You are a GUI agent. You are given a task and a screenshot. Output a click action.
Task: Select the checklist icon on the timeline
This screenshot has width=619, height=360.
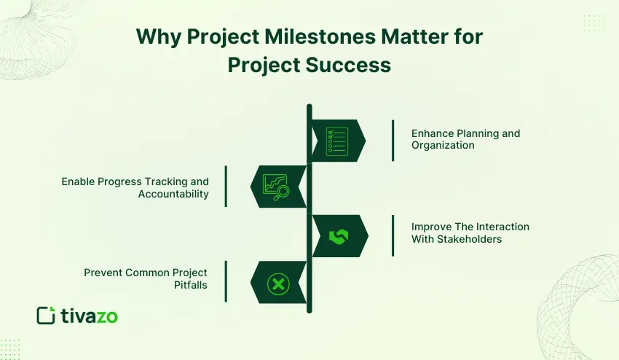337,140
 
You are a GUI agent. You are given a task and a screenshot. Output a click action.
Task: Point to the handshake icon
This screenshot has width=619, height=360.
339,236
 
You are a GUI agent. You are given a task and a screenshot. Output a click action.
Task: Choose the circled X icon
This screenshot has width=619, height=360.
277,283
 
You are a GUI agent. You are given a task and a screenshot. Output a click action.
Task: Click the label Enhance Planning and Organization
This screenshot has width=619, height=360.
465,139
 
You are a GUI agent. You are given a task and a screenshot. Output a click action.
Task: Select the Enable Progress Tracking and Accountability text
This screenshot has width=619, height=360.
135,187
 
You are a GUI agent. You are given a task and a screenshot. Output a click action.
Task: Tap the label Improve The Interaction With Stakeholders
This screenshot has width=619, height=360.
470,232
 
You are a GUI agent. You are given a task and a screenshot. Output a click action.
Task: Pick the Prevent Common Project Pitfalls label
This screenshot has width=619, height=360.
145,278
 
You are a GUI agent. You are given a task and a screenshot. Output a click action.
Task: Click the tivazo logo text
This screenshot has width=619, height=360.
89,316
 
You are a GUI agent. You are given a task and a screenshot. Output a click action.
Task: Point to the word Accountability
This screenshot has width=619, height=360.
173,194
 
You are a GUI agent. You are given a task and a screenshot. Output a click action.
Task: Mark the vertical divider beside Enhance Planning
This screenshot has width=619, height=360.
393,140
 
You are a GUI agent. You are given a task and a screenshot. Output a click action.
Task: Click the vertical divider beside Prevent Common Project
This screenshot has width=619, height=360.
226,281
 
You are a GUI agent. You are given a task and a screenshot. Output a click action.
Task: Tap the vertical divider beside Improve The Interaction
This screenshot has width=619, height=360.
393,235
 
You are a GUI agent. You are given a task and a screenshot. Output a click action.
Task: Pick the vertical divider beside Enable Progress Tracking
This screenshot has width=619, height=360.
226,187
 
